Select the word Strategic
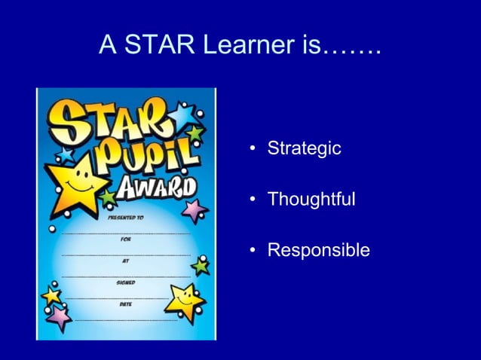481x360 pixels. pyautogui.click(x=305, y=148)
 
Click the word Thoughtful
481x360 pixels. pyautogui.click(x=311, y=200)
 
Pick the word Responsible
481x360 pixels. pyautogui.click(x=319, y=250)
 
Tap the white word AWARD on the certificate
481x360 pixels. pyautogui.click(x=156, y=188)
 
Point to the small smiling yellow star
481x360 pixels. pyautogui.click(x=183, y=299)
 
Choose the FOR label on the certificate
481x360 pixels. pyautogui.click(x=125, y=239)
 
